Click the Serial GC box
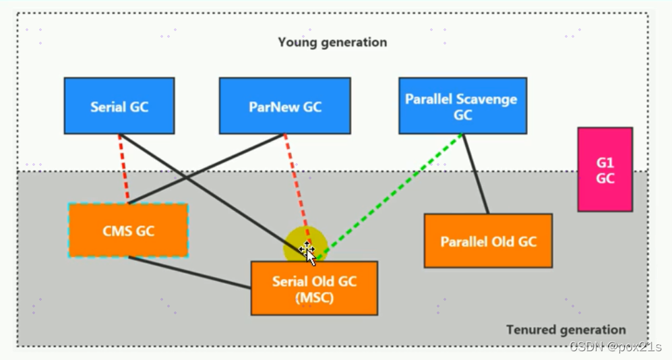(119, 106)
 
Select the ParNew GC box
(284, 106)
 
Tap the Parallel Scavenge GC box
(462, 106)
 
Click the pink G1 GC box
(605, 169)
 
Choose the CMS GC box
(128, 231)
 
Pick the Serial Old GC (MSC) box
(313, 289)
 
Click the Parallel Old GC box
(488, 241)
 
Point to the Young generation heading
(332, 42)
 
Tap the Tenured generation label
(566, 330)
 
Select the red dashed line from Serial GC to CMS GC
(123, 169)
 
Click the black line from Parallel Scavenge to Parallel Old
(476, 174)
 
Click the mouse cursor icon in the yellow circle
(307, 251)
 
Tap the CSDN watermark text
(615, 347)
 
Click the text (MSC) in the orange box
(314, 297)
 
